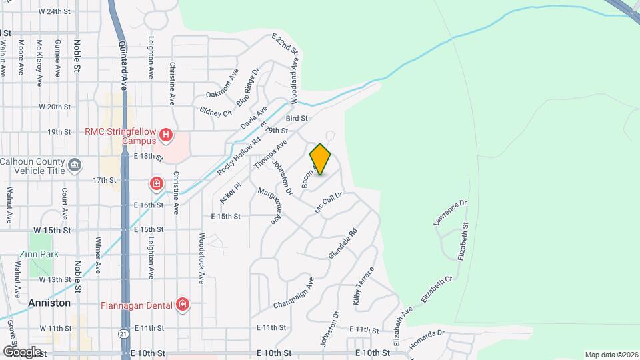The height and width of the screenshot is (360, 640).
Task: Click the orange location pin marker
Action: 321,159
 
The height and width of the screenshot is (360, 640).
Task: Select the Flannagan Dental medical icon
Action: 183,305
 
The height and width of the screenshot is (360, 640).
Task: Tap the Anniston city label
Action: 49,303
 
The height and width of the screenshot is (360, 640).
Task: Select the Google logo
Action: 22,351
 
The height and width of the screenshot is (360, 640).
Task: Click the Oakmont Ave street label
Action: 222,86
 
